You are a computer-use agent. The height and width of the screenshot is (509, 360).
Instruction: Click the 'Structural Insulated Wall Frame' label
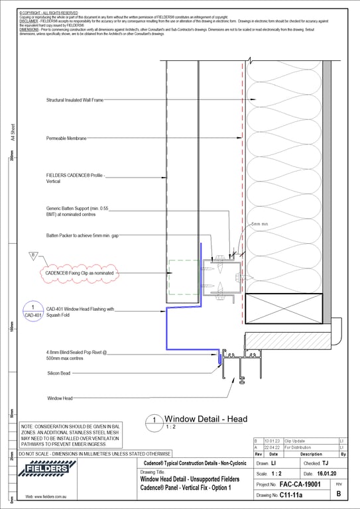pyautogui.click(x=74, y=101)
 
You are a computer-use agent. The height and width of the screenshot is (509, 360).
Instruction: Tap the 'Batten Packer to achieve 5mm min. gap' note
pyautogui.click(x=83, y=235)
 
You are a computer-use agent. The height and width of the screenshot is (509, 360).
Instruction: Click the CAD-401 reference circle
pyautogui.click(x=32, y=311)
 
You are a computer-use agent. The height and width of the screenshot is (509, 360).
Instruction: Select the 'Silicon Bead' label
pyautogui.click(x=59, y=374)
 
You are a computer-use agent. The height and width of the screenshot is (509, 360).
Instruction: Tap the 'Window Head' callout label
pyautogui.click(x=60, y=398)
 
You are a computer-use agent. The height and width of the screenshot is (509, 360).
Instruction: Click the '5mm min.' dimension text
pyautogui.click(x=260, y=225)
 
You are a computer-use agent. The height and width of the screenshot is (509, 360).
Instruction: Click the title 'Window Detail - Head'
pyautogui.click(x=206, y=419)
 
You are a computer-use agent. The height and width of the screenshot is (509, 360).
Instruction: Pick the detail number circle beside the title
pyautogui.click(x=154, y=420)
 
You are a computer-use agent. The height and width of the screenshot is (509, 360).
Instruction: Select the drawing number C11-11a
pyautogui.click(x=291, y=495)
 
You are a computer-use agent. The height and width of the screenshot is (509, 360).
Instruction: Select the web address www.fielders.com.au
pyautogui.click(x=44, y=496)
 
